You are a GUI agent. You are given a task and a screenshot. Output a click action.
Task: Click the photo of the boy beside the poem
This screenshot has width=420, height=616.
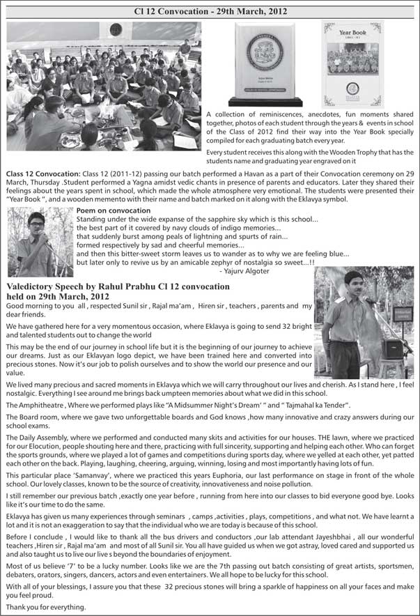[x=40, y=241]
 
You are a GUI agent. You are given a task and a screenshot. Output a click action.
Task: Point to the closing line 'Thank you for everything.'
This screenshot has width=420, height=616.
[x=46, y=607]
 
